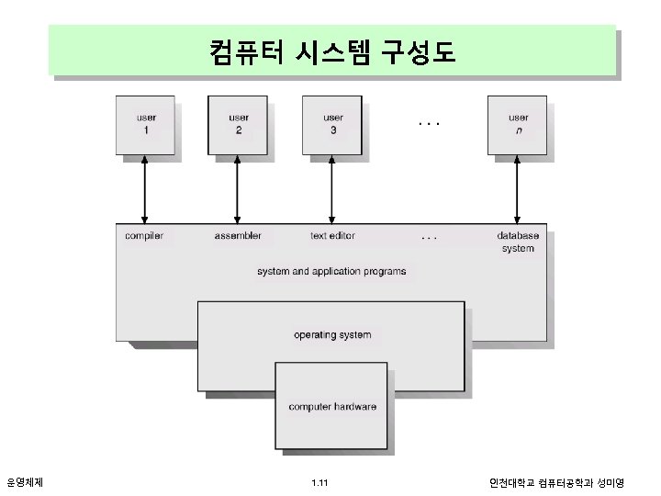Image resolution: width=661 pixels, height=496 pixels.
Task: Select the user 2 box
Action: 238,124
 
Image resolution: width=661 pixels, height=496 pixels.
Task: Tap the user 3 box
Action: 332,124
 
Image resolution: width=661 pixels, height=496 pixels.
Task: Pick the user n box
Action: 518,124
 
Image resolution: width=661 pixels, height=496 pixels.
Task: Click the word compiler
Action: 144,236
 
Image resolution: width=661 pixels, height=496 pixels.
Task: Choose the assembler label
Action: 238,236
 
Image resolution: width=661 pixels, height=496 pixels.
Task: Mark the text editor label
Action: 332,236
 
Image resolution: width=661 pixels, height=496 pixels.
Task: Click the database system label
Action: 518,242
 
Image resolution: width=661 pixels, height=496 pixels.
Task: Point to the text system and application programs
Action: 331,271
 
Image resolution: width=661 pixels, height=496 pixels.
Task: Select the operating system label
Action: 332,334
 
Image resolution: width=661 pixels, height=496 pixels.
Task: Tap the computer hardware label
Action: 332,406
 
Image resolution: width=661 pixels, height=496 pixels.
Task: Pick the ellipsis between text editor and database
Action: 428,237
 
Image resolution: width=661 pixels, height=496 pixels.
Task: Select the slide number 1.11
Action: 320,481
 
